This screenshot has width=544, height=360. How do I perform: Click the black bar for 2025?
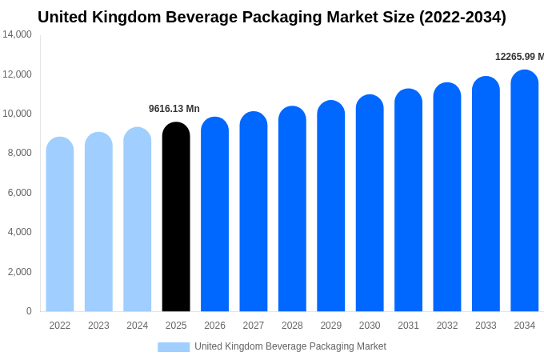[x=176, y=218]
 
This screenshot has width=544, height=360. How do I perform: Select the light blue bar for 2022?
[x=60, y=225]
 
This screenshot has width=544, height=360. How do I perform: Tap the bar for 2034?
[x=525, y=191]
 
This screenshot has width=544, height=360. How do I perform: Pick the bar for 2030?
[x=370, y=203]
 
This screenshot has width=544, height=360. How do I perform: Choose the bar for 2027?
[x=254, y=212]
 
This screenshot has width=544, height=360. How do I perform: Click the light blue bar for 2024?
[x=138, y=220]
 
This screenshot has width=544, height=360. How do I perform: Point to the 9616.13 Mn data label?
[x=174, y=109]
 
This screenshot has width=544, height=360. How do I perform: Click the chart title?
[x=272, y=17]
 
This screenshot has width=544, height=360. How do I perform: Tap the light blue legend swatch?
[x=174, y=347]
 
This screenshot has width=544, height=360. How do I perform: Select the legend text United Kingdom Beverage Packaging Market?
[x=290, y=346]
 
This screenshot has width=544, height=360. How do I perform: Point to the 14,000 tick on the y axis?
[x=17, y=34]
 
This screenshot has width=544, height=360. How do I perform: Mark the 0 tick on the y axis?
[x=29, y=311]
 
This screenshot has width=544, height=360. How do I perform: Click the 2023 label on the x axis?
[x=98, y=326]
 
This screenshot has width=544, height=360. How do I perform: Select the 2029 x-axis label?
[x=331, y=326]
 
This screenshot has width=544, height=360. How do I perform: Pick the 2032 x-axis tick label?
[x=447, y=326]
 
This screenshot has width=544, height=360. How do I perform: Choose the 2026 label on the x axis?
[x=214, y=326]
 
